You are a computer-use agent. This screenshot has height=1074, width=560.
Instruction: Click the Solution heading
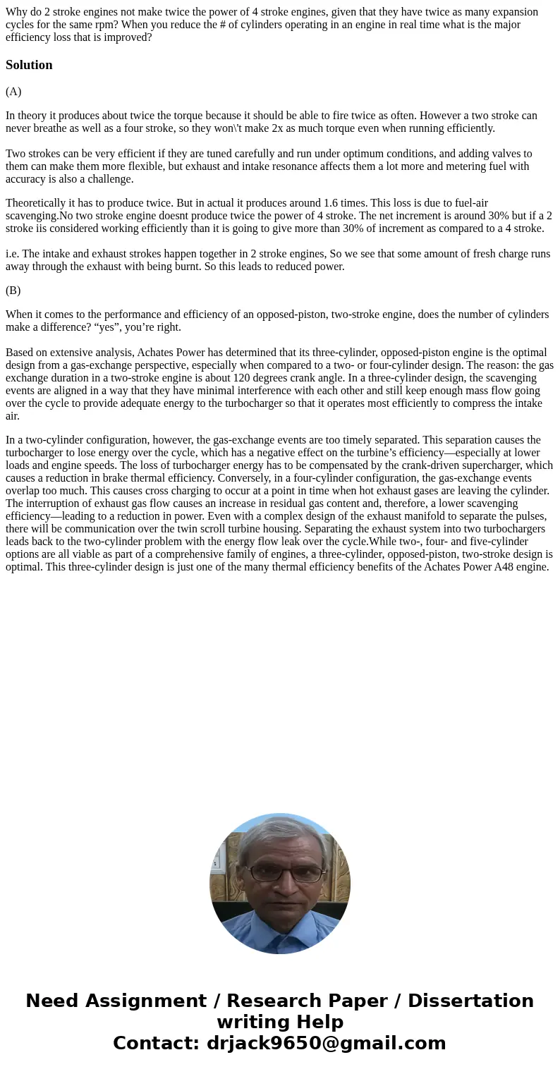[x=29, y=65]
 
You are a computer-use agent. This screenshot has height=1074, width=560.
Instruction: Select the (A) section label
[x=13, y=92]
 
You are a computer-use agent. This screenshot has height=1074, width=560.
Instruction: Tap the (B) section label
[x=13, y=291]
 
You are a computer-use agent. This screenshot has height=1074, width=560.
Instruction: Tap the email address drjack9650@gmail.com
[x=326, y=1043]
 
